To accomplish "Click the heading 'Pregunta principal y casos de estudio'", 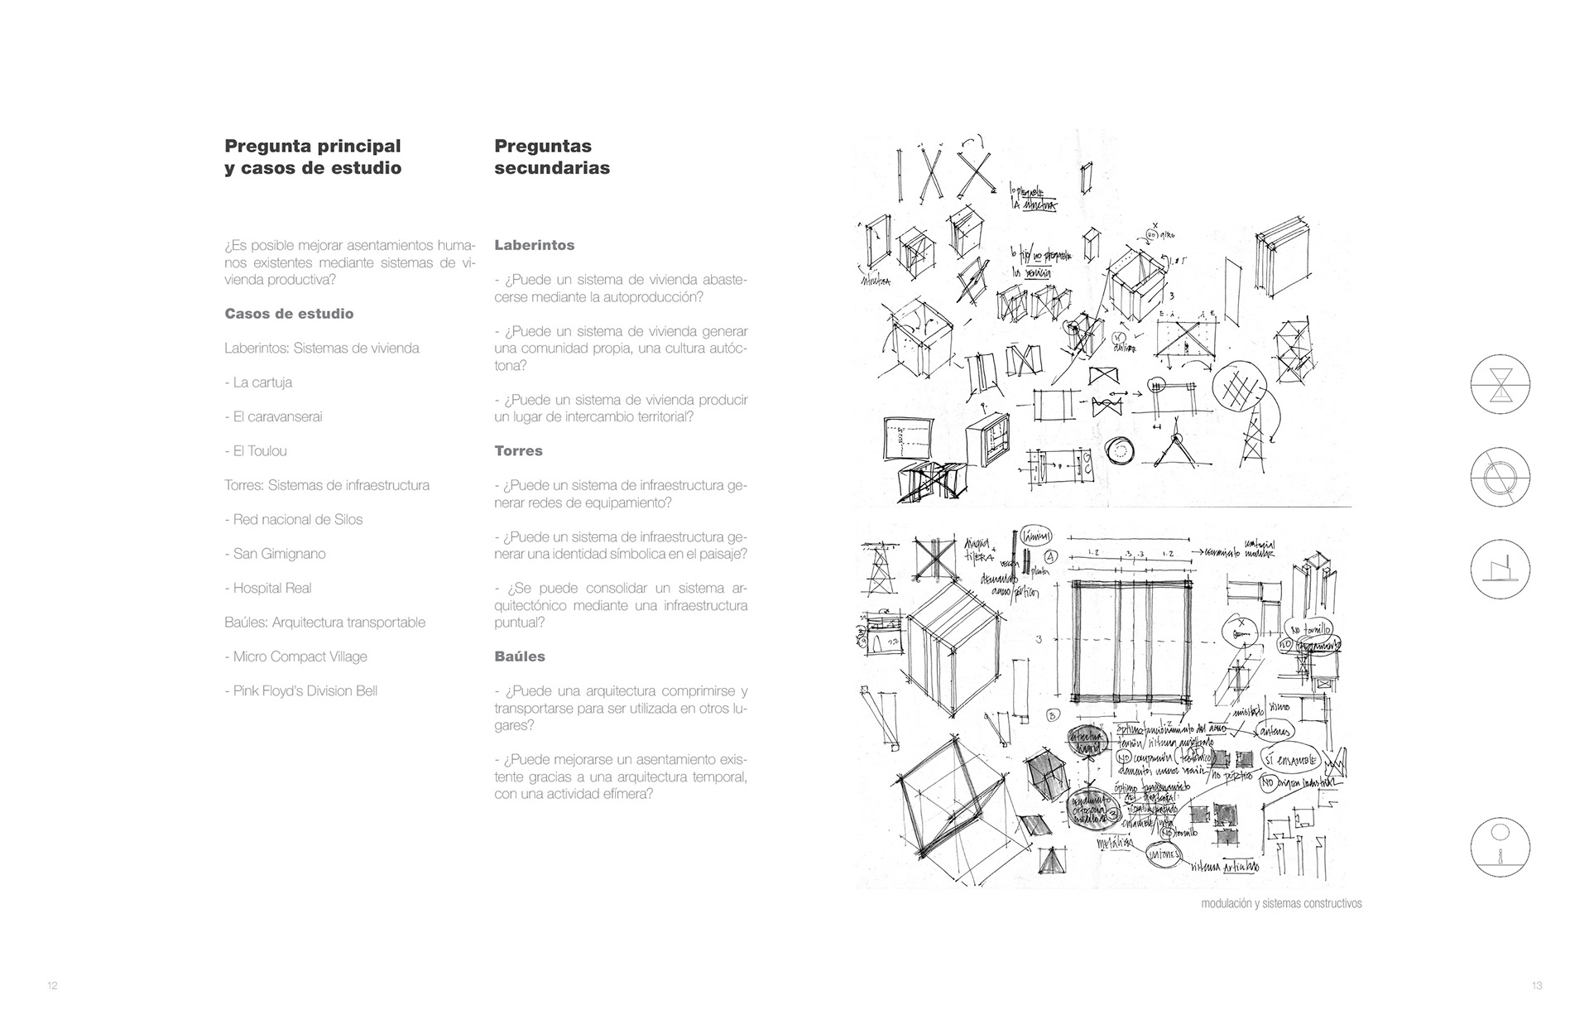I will pyautogui.click(x=313, y=156).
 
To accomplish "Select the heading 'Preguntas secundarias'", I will pyautogui.click(x=552, y=156).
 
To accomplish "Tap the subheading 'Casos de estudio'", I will pyautogui.click(x=289, y=314).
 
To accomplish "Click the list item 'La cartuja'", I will pyautogui.click(x=258, y=382).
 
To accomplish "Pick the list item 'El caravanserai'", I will pyautogui.click(x=273, y=416).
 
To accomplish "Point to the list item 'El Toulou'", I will pyautogui.click(x=256, y=451).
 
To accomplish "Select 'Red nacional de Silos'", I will pyautogui.click(x=294, y=520).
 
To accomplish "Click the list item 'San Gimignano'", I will pyautogui.click(x=275, y=554).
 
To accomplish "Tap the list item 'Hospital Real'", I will pyautogui.click(x=268, y=589).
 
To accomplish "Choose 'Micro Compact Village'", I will pyautogui.click(x=295, y=657).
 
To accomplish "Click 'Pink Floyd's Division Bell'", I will pyautogui.click(x=301, y=691).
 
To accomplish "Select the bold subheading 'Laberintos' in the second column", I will pyautogui.click(x=534, y=245).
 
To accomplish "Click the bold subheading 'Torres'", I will pyautogui.click(x=518, y=451).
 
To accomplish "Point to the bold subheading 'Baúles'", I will pyautogui.click(x=520, y=656).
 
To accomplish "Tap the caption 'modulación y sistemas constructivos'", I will pyautogui.click(x=1281, y=904).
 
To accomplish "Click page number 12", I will pyautogui.click(x=52, y=986).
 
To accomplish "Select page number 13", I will pyautogui.click(x=1537, y=986).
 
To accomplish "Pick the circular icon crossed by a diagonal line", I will pyautogui.click(x=1500, y=478).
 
